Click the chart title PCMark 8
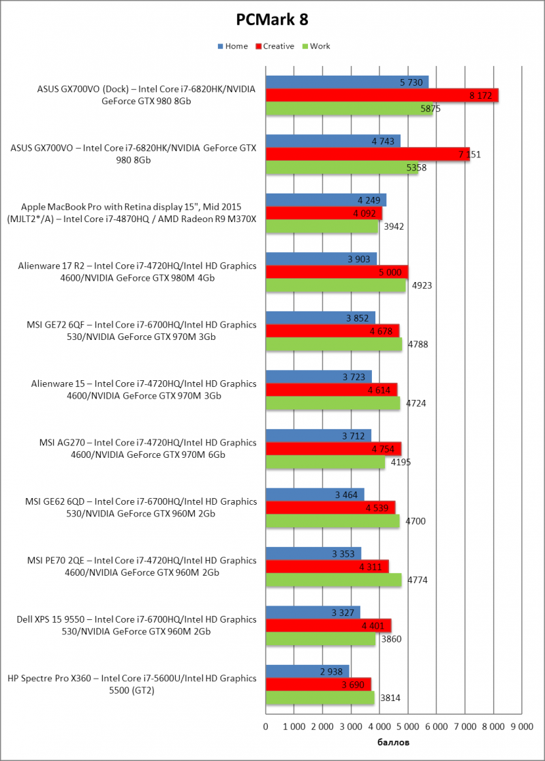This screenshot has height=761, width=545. point(272,20)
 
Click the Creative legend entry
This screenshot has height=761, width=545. point(275,46)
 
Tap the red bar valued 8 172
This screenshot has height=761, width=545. point(381,95)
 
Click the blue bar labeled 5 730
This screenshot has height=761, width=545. point(347,82)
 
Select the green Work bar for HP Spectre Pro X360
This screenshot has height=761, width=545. point(320,698)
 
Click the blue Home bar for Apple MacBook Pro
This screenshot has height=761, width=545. point(326,200)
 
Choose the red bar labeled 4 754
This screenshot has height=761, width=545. point(333,448)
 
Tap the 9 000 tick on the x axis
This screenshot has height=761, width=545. point(521,728)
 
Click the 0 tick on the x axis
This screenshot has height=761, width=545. point(266,728)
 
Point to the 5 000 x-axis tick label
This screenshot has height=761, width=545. point(407,728)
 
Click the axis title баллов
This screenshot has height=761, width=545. point(393,742)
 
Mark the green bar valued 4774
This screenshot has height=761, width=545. point(333,580)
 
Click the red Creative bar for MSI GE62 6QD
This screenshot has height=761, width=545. point(330,508)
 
